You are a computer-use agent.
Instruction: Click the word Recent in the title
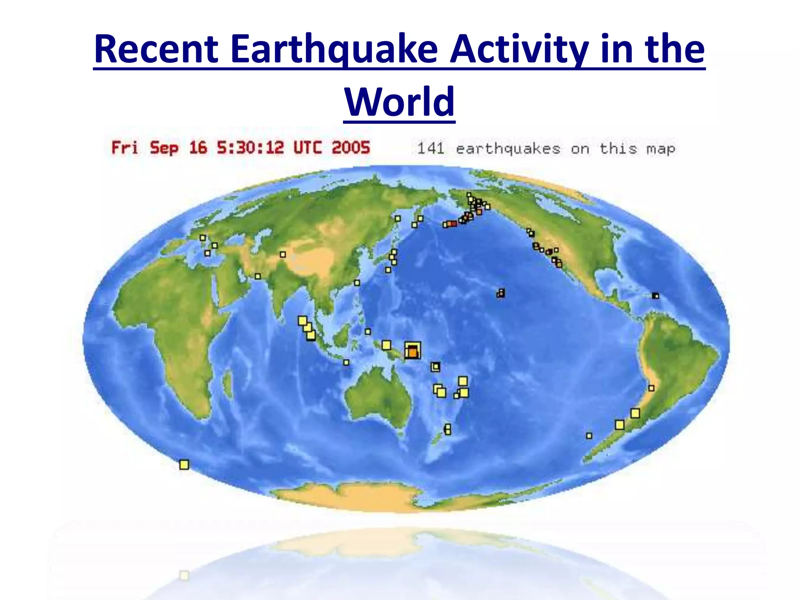click(156, 50)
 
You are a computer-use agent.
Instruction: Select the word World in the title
click(399, 102)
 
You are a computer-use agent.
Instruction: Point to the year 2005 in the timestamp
click(350, 148)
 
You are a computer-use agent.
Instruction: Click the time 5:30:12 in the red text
click(250, 148)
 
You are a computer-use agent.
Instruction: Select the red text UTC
click(307, 148)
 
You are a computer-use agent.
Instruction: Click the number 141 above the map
click(431, 149)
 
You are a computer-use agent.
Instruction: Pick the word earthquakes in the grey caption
click(508, 149)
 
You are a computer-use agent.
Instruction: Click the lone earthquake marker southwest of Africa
click(184, 464)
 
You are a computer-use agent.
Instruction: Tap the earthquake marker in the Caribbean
click(656, 296)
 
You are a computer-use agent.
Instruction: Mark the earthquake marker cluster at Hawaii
click(501, 293)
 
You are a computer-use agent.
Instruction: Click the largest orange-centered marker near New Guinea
click(412, 350)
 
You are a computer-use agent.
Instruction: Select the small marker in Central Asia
click(283, 255)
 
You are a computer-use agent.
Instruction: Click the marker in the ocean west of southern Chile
click(589, 436)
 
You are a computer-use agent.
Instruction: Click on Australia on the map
click(378, 398)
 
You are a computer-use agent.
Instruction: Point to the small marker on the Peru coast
click(651, 388)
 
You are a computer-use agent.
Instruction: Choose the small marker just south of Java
click(346, 362)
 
